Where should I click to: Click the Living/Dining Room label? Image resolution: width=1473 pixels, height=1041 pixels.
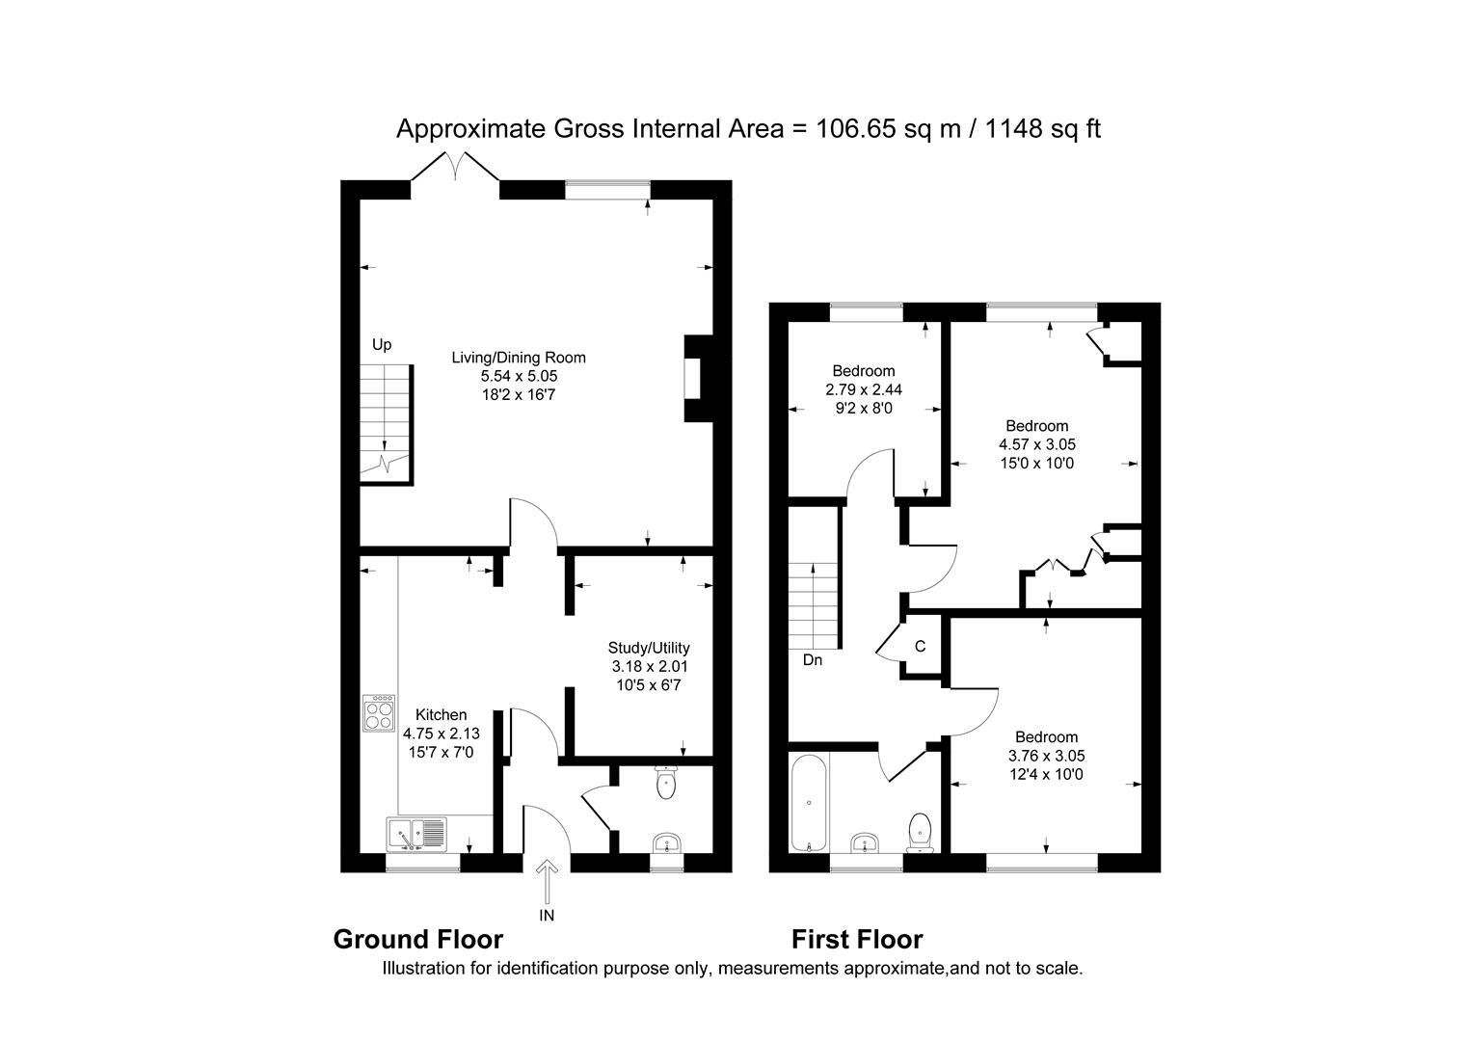tap(519, 358)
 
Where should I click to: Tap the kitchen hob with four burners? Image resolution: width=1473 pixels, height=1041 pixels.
tap(379, 713)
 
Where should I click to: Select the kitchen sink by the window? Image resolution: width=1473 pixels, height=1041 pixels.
tap(416, 833)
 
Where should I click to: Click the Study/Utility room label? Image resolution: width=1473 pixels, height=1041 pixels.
tap(649, 648)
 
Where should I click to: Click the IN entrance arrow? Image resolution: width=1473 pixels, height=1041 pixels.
tap(547, 882)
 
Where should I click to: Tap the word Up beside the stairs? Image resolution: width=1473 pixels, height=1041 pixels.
tap(382, 344)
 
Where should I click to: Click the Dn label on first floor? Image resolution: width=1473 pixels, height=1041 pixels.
tap(812, 660)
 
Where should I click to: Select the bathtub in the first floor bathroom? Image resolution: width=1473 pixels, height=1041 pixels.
tap(807, 803)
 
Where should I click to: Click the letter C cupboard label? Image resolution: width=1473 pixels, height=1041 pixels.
tap(920, 647)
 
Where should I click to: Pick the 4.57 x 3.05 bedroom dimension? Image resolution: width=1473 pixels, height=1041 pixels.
tap(1037, 444)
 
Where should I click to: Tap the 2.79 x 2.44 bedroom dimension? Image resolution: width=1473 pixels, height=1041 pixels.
tap(864, 389)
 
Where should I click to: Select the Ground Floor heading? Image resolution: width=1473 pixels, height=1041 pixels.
tap(417, 939)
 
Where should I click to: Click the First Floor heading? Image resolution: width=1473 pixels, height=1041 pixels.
tap(857, 939)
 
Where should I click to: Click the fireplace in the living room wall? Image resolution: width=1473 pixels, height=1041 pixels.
tap(692, 378)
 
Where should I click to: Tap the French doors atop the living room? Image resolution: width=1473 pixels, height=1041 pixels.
tap(456, 167)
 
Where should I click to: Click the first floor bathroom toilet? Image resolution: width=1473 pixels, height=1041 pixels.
tap(921, 831)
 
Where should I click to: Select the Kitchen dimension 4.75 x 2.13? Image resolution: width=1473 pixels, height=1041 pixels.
tap(441, 733)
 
